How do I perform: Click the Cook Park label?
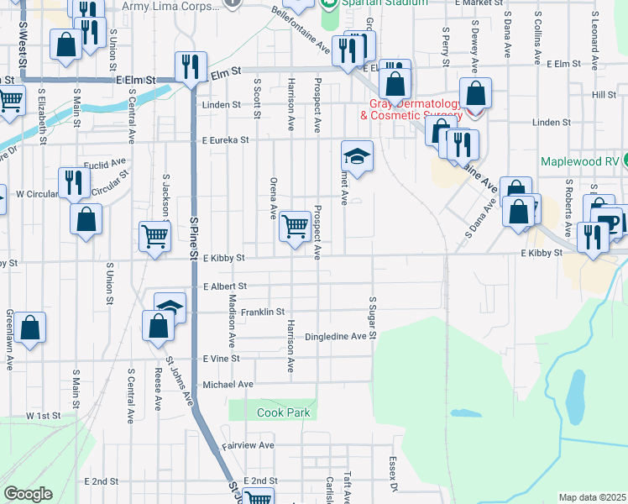pyautogui.click(x=283, y=412)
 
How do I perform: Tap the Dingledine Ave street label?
pyautogui.click(x=336, y=336)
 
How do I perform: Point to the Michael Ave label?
pyautogui.click(x=228, y=385)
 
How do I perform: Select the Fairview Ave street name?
pyautogui.click(x=249, y=445)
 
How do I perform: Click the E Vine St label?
pyautogui.click(x=222, y=358)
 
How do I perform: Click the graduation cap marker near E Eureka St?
pyautogui.click(x=357, y=156)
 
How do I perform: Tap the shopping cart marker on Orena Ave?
pyautogui.click(x=295, y=225)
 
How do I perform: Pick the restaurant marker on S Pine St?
pyautogui.click(x=191, y=66)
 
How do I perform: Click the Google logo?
pyautogui.click(x=28, y=494)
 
